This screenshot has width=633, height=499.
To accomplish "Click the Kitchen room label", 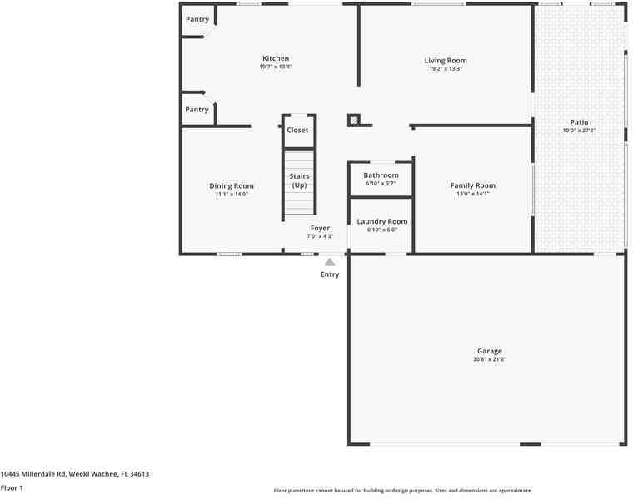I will pyautogui.click(x=276, y=58).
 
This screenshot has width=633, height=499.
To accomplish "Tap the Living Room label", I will pyautogui.click(x=446, y=60).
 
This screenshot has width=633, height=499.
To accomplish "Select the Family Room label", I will pyautogui.click(x=472, y=185).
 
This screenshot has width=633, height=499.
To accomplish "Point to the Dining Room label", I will pyautogui.click(x=232, y=185).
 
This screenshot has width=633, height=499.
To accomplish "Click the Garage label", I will pyautogui.click(x=490, y=351).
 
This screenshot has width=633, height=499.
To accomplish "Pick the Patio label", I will pyautogui.click(x=579, y=122).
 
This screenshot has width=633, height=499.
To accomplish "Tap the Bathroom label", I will pyautogui.click(x=381, y=175).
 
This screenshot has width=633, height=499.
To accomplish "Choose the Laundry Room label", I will pyautogui.click(x=382, y=221).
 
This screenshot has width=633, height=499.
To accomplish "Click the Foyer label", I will pyautogui.click(x=320, y=228).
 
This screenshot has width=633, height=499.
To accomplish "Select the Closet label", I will pyautogui.click(x=297, y=130).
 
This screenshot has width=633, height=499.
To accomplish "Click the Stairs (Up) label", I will pyautogui.click(x=299, y=180).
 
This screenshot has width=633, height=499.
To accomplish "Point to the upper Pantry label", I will pyautogui.click(x=197, y=19).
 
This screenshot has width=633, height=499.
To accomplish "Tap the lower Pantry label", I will pyautogui.click(x=197, y=110).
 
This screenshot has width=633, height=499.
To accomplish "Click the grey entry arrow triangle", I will pyautogui.click(x=330, y=262).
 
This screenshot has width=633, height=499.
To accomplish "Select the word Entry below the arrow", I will pyautogui.click(x=330, y=274).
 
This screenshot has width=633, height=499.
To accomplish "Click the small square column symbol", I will pyautogui.click(x=354, y=121).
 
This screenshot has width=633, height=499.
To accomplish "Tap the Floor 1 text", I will pyautogui.click(x=12, y=488).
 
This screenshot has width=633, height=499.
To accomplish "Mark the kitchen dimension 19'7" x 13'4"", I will pyautogui.click(x=276, y=67).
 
